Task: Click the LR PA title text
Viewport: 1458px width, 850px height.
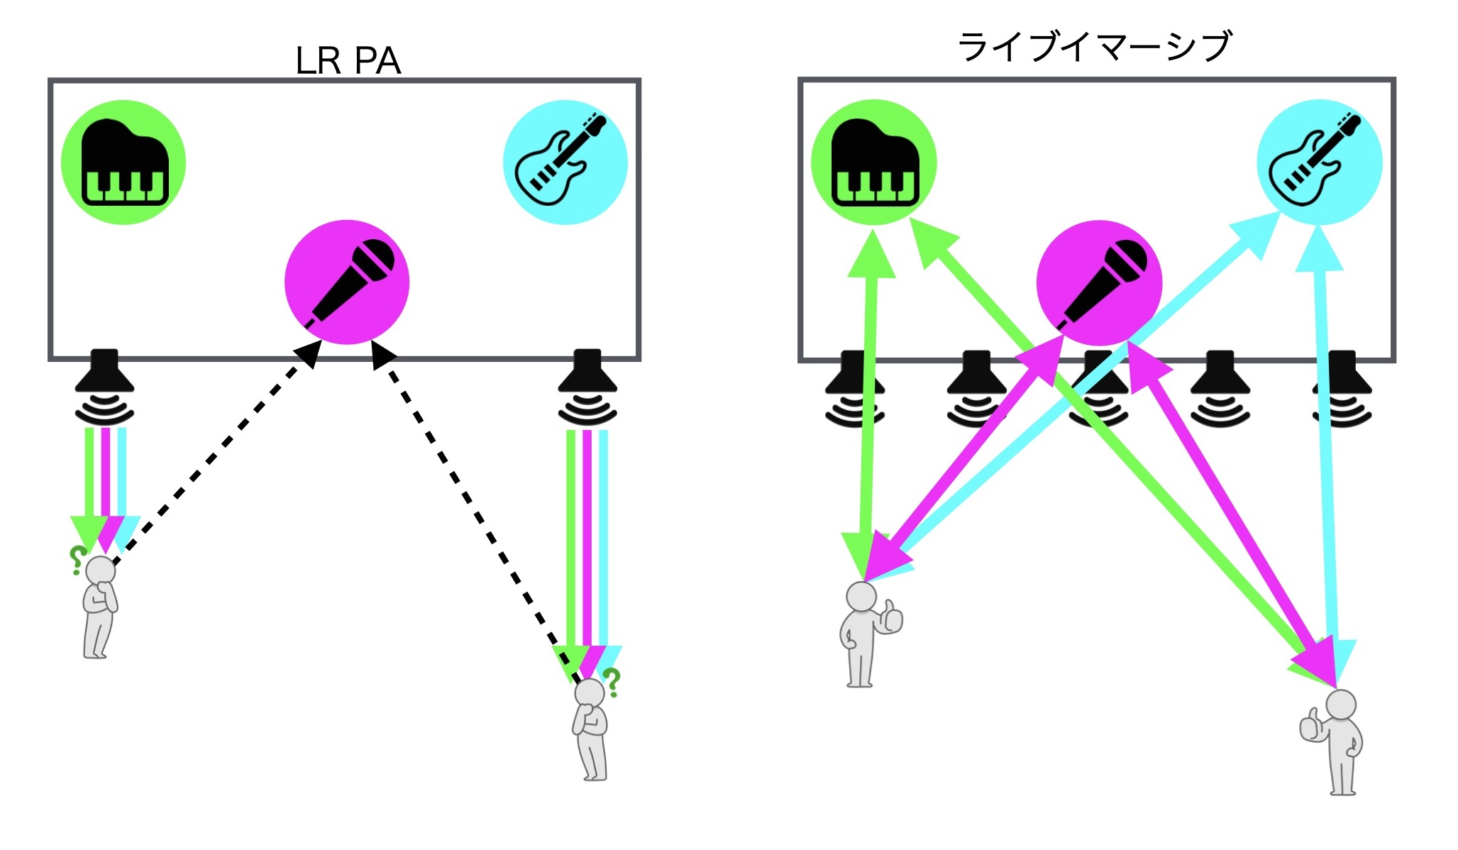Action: point(348,61)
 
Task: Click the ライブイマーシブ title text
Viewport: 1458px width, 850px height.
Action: point(1095,46)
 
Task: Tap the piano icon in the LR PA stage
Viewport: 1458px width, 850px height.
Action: point(124,162)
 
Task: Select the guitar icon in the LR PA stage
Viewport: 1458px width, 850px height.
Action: point(565,162)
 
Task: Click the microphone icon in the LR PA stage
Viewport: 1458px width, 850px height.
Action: point(347,282)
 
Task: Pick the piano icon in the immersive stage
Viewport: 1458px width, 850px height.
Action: point(874,162)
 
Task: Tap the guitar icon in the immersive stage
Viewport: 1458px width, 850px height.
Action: point(1319,162)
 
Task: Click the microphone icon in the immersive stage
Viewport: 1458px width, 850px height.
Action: point(1099,282)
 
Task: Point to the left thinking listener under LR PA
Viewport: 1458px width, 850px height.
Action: point(100,607)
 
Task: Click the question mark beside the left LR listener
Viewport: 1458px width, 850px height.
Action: point(76,560)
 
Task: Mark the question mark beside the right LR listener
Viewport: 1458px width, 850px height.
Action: point(612,682)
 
